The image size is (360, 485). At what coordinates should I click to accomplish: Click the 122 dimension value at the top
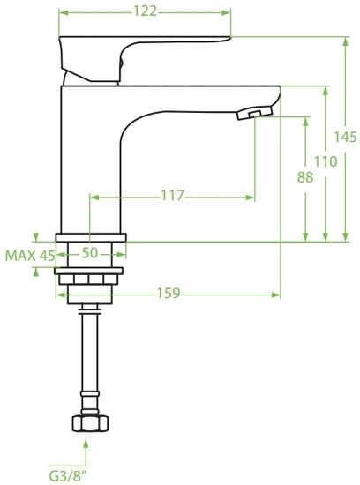click(x=146, y=11)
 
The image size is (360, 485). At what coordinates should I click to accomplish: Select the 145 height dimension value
click(x=346, y=137)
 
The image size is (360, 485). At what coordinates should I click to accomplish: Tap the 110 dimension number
click(x=326, y=161)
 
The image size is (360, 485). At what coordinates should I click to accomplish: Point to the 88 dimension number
click(x=305, y=176)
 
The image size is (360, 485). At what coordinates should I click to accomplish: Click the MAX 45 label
click(x=30, y=255)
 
